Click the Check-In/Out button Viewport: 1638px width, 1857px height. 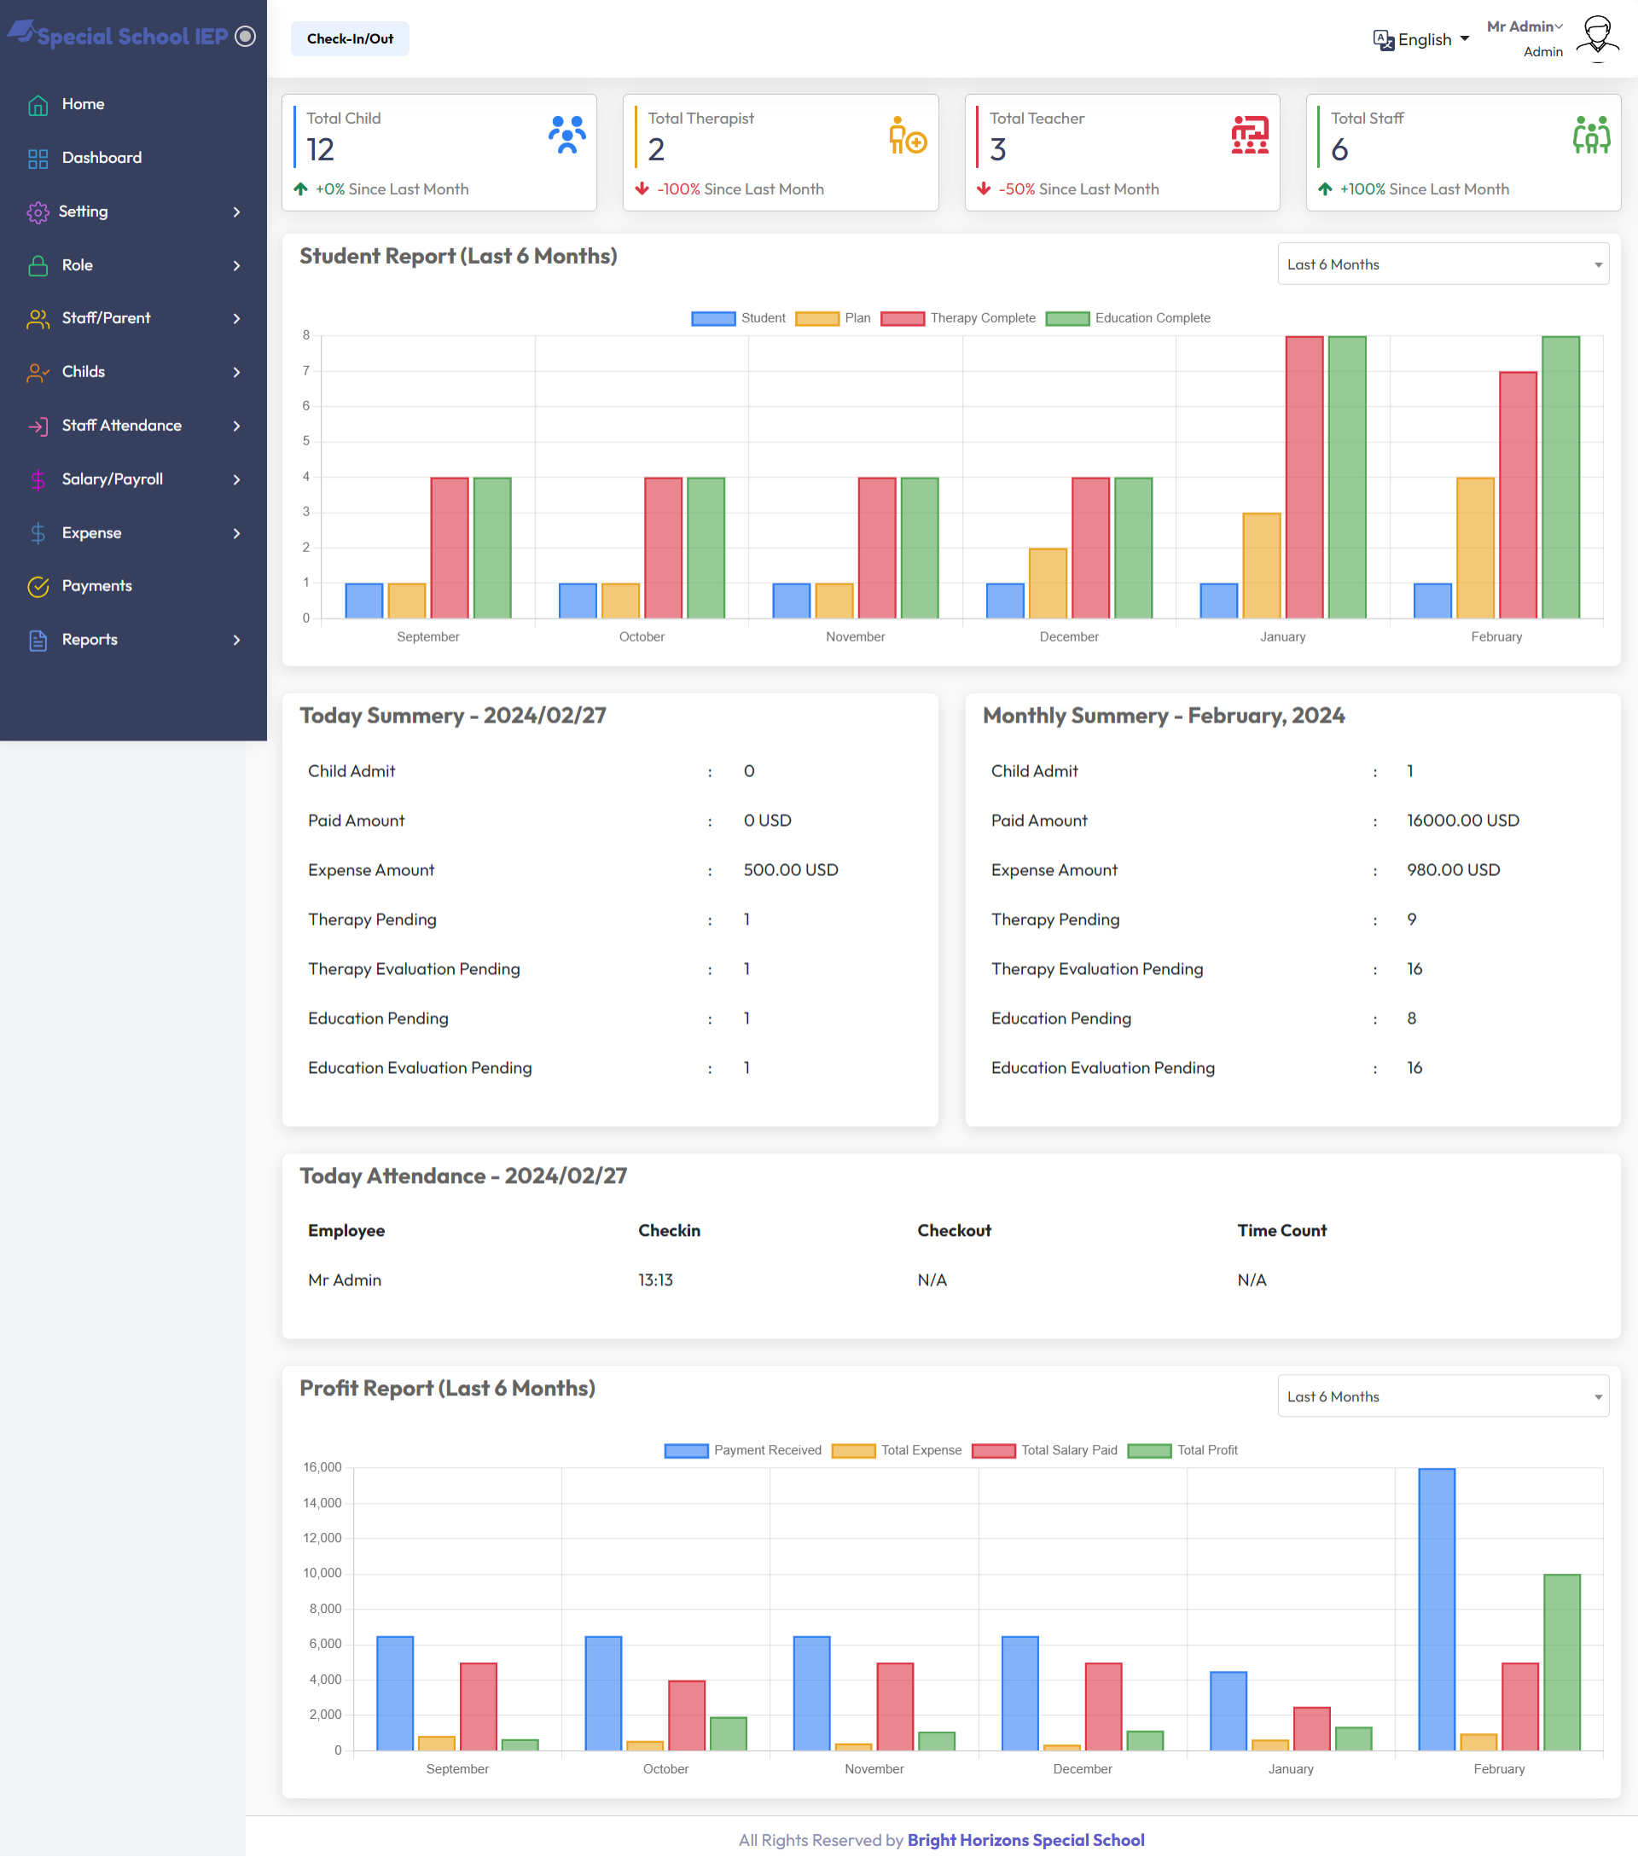[350, 39]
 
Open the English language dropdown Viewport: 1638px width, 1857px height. [1422, 40]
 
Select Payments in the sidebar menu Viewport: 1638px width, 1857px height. [96, 586]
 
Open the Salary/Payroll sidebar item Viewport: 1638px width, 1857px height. [113, 479]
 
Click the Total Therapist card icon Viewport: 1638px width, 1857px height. [907, 136]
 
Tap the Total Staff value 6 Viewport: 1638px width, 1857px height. [1339, 150]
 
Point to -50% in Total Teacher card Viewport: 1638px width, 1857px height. [1017, 189]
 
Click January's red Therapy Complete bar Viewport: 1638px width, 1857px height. [1304, 478]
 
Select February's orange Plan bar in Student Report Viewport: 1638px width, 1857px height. [1474, 548]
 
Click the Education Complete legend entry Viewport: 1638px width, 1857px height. [1129, 318]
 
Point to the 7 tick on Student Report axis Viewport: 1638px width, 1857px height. [306, 371]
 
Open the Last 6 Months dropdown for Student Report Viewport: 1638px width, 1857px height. [1443, 264]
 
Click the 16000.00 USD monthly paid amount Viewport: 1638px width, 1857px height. [1462, 821]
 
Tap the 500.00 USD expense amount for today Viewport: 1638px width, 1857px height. [790, 869]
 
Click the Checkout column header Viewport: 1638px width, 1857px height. [954, 1230]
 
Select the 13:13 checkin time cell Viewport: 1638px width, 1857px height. [655, 1280]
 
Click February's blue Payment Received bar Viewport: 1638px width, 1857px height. [1437, 1609]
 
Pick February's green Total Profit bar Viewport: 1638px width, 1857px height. [1562, 1662]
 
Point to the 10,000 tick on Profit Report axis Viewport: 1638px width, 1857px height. [322, 1573]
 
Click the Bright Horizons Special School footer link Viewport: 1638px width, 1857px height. [1025, 1840]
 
